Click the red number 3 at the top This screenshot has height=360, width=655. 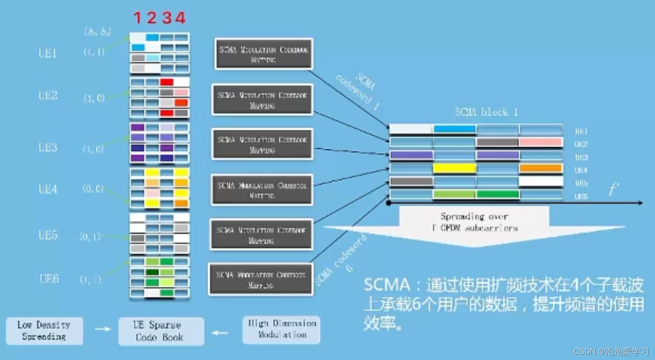click(167, 18)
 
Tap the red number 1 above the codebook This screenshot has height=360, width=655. click(138, 18)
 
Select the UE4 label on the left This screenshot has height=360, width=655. click(48, 189)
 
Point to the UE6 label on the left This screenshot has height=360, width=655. click(49, 279)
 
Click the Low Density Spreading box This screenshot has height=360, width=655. click(44, 331)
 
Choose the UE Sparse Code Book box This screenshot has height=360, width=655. click(161, 331)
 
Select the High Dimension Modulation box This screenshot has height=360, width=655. click(281, 329)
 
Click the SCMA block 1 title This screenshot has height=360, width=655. click(486, 112)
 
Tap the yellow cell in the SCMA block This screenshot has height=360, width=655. click(454, 168)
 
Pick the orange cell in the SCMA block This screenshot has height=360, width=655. click(541, 168)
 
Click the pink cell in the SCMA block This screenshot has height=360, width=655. click(541, 142)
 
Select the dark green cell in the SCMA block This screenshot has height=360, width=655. click(498, 194)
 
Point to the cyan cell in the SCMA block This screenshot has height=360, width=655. click(454, 129)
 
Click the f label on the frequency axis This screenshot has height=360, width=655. click(613, 189)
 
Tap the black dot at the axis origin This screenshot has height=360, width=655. click(389, 203)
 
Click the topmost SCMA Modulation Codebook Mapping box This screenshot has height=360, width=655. click(264, 54)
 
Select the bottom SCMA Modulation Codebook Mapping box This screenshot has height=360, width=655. click(261, 280)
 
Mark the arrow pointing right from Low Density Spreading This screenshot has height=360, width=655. click(102, 329)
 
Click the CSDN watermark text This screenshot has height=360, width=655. click(611, 351)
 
